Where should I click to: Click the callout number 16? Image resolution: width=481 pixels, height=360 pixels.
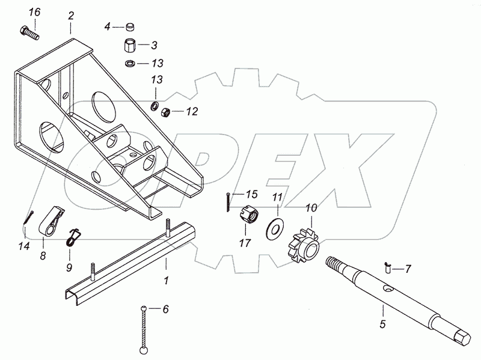[x=35, y=13]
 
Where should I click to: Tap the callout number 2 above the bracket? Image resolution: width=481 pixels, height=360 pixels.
[x=71, y=15]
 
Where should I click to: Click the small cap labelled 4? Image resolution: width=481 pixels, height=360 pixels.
[x=130, y=27]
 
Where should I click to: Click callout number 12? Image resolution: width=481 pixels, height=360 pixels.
[x=191, y=111]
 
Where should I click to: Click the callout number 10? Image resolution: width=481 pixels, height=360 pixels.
[x=311, y=209]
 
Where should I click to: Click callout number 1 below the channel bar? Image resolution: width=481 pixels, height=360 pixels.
[x=167, y=281]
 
